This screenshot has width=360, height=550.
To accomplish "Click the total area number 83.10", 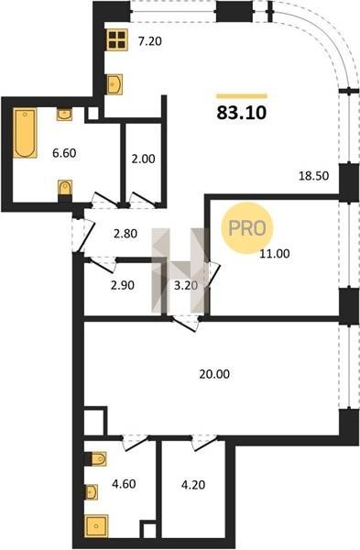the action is click(x=242, y=113).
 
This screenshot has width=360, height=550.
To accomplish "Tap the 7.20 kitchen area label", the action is click(x=149, y=42).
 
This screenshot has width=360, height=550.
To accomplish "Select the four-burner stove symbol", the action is click(x=117, y=39).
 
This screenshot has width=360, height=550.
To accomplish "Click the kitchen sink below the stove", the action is click(x=115, y=84).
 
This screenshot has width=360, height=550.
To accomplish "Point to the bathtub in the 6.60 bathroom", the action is click(x=25, y=133).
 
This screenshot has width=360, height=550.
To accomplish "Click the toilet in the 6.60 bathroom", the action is click(x=65, y=191).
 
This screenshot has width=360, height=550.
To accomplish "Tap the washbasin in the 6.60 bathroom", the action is click(x=64, y=115).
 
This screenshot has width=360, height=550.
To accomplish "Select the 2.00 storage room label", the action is click(x=143, y=159).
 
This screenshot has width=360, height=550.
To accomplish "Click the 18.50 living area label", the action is click(x=313, y=175).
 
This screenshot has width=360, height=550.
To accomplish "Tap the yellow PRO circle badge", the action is click(x=247, y=227).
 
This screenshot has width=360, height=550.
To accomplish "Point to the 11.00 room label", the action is click(x=275, y=253).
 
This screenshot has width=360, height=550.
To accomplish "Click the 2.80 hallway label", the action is click(x=125, y=234).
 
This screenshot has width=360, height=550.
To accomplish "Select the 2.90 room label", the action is click(x=123, y=285).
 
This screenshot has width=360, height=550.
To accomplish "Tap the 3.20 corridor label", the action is click(x=186, y=285).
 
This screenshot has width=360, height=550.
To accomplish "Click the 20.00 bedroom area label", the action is click(x=214, y=374).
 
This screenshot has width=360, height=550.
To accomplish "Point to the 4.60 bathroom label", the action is click(x=124, y=484).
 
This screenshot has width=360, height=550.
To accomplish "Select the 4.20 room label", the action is click(x=193, y=485).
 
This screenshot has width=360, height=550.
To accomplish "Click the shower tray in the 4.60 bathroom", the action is click(x=96, y=526).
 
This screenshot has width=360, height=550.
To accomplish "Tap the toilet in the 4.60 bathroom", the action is click(x=95, y=459).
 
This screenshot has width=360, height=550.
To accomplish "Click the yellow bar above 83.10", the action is click(x=242, y=95).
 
